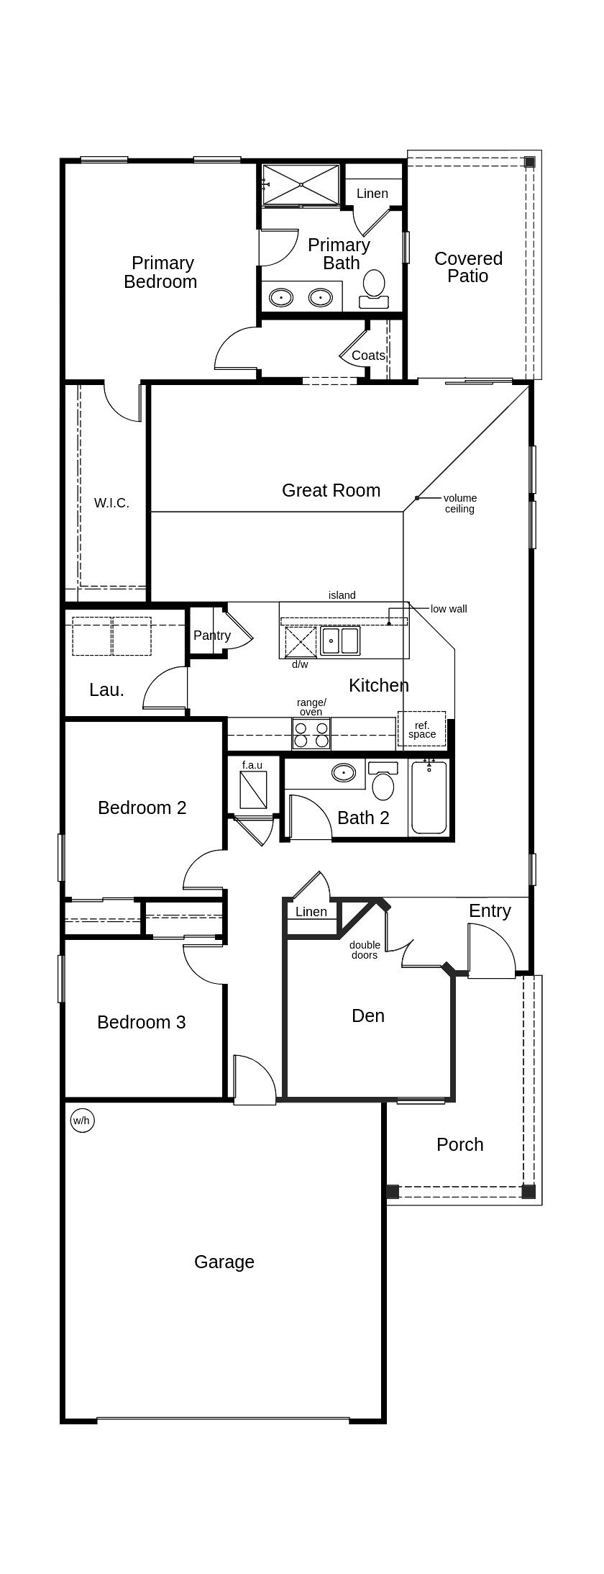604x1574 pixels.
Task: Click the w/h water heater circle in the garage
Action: pyautogui.click(x=82, y=1121)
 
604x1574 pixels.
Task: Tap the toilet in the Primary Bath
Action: pyautogui.click(x=374, y=286)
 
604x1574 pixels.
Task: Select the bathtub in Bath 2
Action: pyautogui.click(x=429, y=797)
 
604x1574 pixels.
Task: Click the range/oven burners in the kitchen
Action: pyautogui.click(x=311, y=733)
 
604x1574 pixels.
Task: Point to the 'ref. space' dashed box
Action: pyautogui.click(x=421, y=730)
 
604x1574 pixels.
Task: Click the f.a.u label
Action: pyautogui.click(x=252, y=765)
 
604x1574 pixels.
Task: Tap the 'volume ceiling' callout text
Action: pyautogui.click(x=459, y=503)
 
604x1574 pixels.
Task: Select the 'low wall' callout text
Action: pyautogui.click(x=449, y=609)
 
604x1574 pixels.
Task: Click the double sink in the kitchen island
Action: pyautogui.click(x=340, y=640)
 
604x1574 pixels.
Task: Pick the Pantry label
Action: pyautogui.click(x=211, y=636)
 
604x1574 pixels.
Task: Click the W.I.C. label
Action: pyautogui.click(x=111, y=503)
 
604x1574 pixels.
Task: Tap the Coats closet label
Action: pyautogui.click(x=368, y=356)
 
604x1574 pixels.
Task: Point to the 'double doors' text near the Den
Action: pyautogui.click(x=365, y=950)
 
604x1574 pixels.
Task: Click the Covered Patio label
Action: pyautogui.click(x=468, y=267)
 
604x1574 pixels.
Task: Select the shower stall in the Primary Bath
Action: pyautogui.click(x=301, y=185)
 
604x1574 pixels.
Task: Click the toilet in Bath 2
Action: pyautogui.click(x=383, y=782)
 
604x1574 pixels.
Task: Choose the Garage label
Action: pyautogui.click(x=224, y=1262)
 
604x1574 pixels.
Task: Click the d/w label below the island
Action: pyautogui.click(x=300, y=664)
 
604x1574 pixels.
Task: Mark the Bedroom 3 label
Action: pyautogui.click(x=141, y=1022)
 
